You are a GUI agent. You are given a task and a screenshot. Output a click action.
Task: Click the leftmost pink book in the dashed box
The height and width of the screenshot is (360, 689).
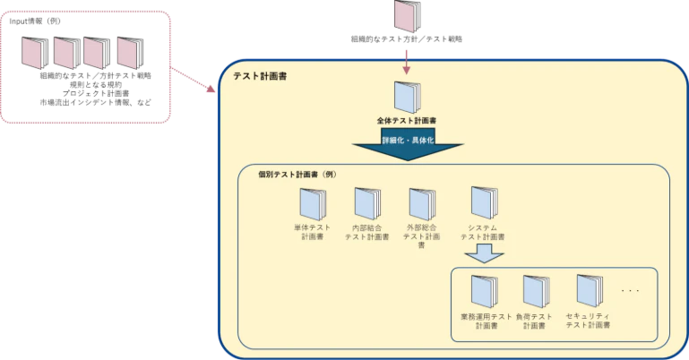tap(36, 53)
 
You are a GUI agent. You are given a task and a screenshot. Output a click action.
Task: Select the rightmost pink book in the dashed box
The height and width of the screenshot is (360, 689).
tap(129, 53)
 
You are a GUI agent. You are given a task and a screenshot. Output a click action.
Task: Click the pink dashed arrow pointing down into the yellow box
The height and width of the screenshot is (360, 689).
tap(406, 61)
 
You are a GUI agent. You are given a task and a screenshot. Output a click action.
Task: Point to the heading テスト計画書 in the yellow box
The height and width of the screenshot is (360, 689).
tap(260, 78)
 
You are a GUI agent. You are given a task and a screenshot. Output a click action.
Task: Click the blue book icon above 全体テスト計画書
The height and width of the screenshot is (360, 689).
tap(406, 97)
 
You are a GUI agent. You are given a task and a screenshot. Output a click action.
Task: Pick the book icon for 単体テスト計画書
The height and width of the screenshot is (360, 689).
tap(312, 203)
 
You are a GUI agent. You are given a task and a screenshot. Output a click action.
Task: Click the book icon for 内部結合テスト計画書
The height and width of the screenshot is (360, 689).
tap(366, 203)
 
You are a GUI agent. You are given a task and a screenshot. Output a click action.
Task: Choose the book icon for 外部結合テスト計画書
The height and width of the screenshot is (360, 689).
tap(421, 203)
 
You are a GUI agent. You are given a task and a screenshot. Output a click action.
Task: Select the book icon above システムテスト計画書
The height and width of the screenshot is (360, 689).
tap(483, 203)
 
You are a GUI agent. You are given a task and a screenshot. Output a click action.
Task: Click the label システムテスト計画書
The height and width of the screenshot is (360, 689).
tap(483, 233)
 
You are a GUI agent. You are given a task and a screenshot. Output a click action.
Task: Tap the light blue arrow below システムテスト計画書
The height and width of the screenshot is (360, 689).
tap(483, 253)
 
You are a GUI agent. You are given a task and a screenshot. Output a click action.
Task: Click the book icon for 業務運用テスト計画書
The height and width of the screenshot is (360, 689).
tap(484, 292)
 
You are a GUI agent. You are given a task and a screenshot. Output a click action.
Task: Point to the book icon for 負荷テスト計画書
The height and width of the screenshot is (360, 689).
tap(535, 292)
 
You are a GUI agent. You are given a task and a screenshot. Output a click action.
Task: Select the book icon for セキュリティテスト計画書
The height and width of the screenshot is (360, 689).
tap(589, 292)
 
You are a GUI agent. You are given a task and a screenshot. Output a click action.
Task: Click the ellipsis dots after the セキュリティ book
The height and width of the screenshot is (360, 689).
tap(630, 291)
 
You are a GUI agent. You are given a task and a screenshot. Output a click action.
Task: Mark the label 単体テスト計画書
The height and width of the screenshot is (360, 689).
tap(312, 233)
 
